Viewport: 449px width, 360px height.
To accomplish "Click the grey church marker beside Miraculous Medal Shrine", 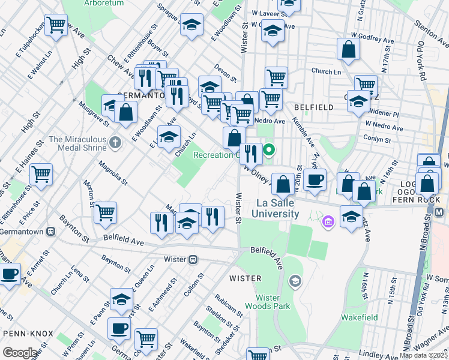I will (x=116, y=143).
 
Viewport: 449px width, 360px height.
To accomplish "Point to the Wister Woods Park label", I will (x=273, y=302).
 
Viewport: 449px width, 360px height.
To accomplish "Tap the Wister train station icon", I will (x=193, y=259).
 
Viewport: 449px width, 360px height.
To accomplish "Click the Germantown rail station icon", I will (x=52, y=230).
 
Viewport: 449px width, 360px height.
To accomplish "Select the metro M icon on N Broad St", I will (x=440, y=212).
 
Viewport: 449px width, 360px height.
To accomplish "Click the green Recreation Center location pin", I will (x=270, y=149).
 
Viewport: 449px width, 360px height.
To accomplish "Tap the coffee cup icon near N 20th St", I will (x=314, y=179).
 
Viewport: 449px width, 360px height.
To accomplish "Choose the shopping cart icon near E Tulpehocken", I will (x=56, y=25).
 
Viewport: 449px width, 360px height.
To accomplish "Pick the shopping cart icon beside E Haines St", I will (x=41, y=174).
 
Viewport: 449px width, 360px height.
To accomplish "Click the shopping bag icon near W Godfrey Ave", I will (x=348, y=50).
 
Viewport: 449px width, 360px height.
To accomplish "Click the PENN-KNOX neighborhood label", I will (x=28, y=332).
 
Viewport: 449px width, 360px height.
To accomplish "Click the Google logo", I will (x=20, y=352).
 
